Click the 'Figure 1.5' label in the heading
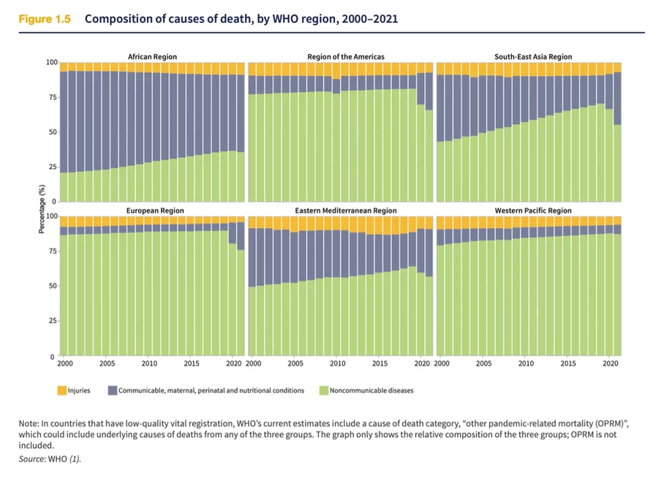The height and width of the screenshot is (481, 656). tap(44, 19)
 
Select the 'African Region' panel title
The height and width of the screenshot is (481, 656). tap(152, 57)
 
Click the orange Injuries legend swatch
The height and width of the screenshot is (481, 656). tap(61, 390)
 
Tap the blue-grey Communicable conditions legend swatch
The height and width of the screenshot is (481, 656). tap(113, 390)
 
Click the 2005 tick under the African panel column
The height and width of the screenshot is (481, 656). tap(106, 364)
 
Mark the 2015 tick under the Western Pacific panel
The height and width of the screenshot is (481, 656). tap(568, 364)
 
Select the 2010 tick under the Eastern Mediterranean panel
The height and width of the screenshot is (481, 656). tap(338, 364)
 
